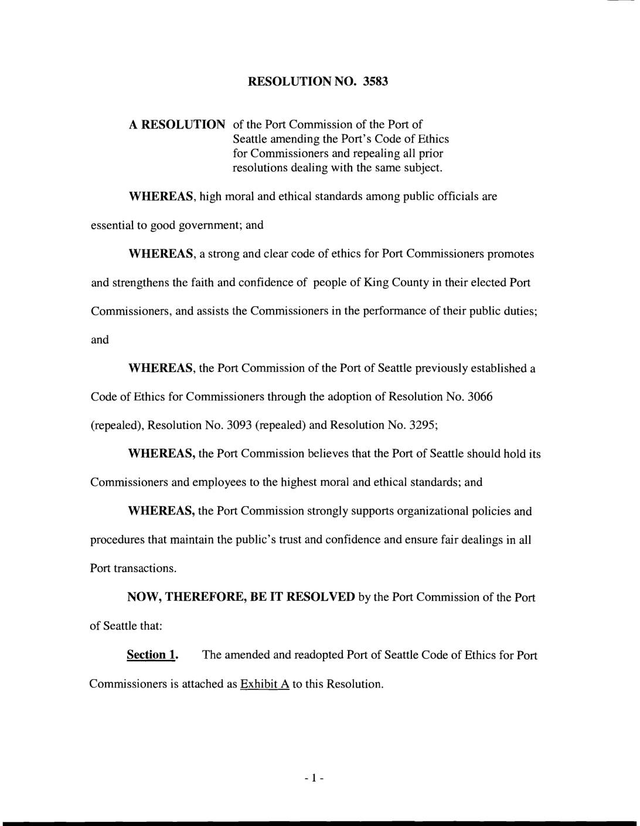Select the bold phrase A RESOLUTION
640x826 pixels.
(177, 125)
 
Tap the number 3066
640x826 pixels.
(480, 397)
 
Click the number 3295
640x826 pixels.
(423, 425)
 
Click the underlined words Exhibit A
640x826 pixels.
(265, 684)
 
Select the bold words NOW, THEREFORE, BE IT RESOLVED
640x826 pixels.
(241, 597)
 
